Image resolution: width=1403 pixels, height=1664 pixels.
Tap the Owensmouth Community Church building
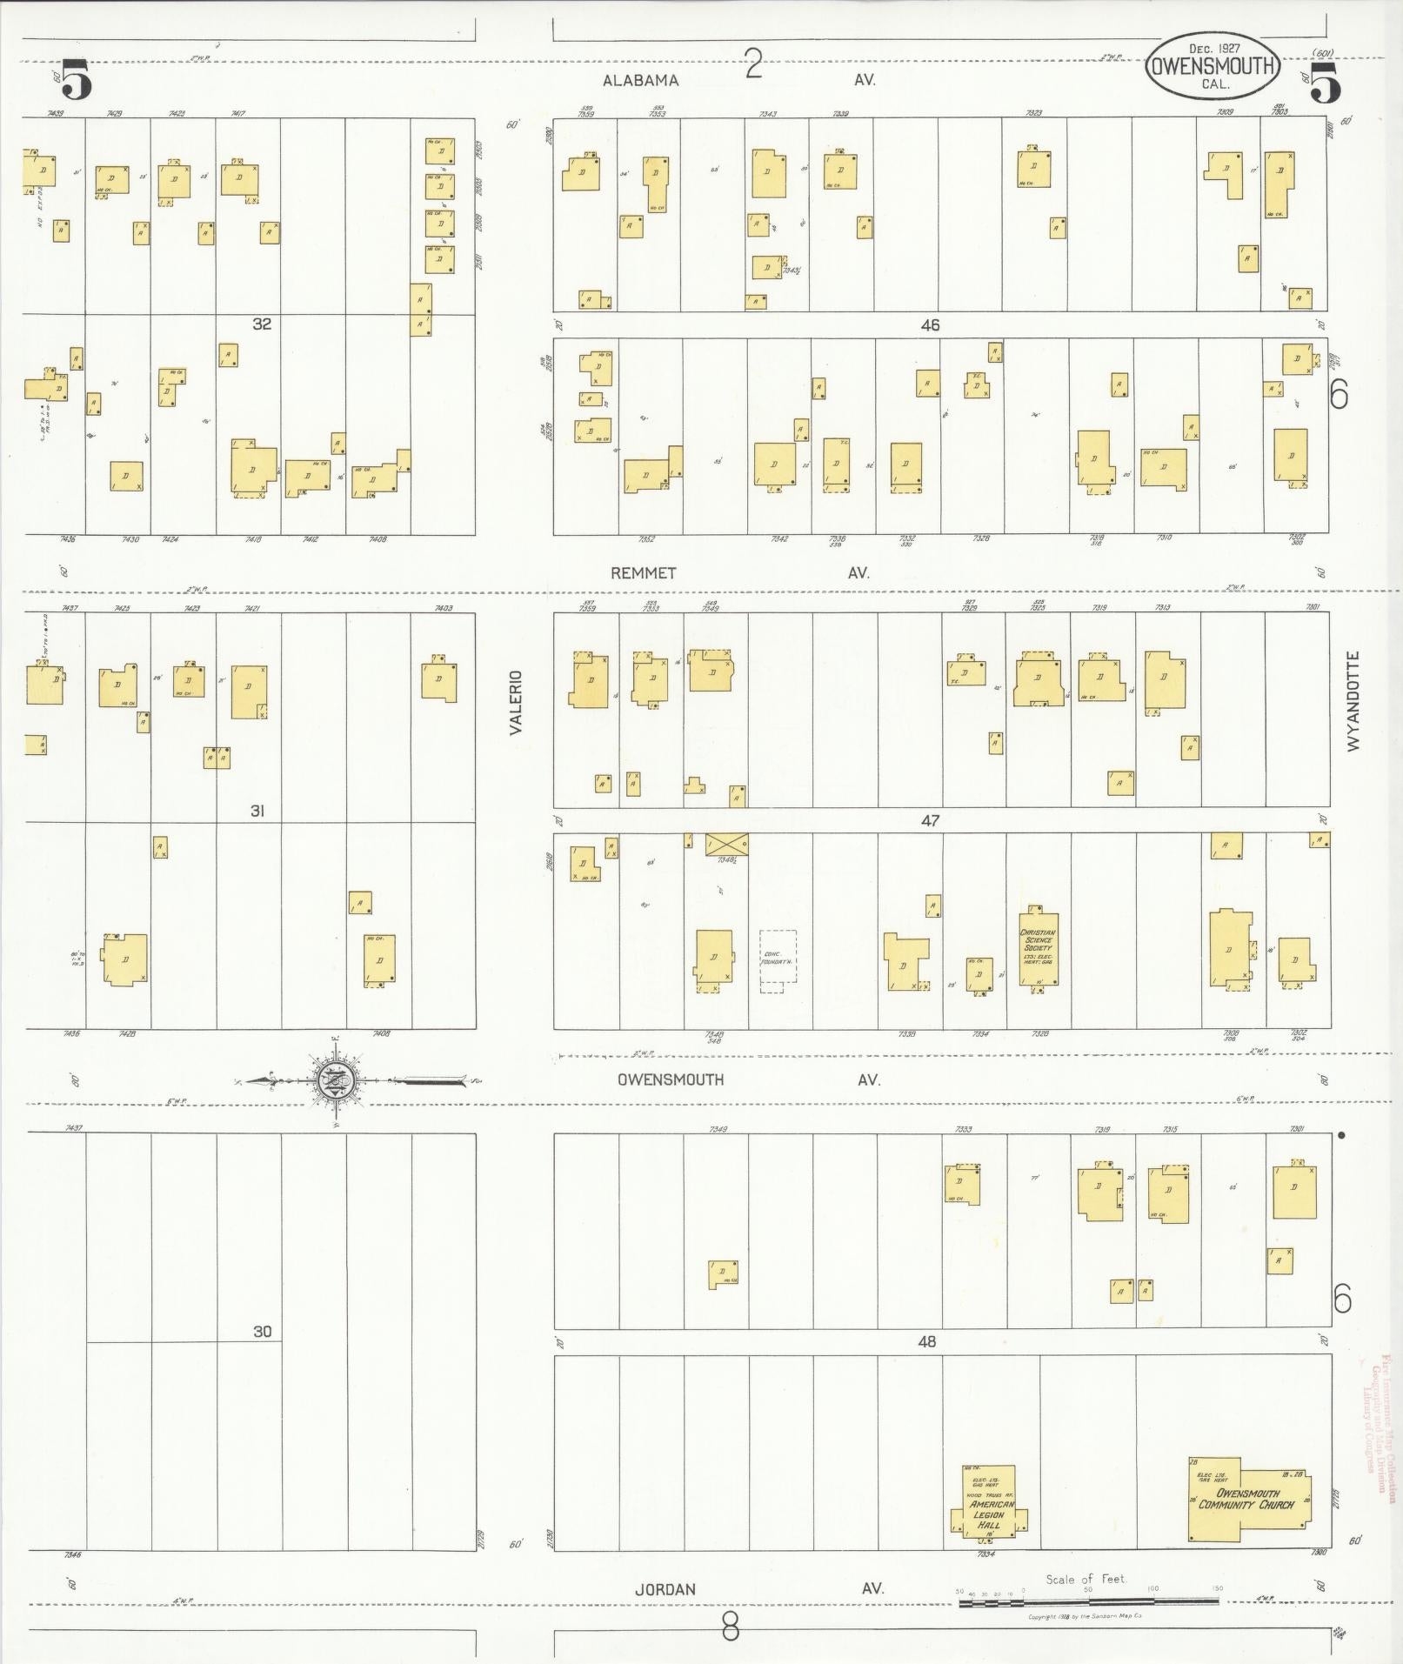tap(1248, 1499)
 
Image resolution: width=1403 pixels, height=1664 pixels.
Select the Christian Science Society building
tap(1038, 948)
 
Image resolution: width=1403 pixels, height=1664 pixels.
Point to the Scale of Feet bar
tap(1087, 1601)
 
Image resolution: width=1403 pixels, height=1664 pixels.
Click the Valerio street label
tap(516, 702)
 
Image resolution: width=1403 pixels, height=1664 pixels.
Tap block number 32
tap(262, 324)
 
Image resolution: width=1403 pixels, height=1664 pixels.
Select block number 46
tap(931, 325)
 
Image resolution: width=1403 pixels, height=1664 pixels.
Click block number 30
tap(262, 1331)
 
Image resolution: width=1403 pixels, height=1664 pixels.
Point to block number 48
tap(927, 1341)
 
